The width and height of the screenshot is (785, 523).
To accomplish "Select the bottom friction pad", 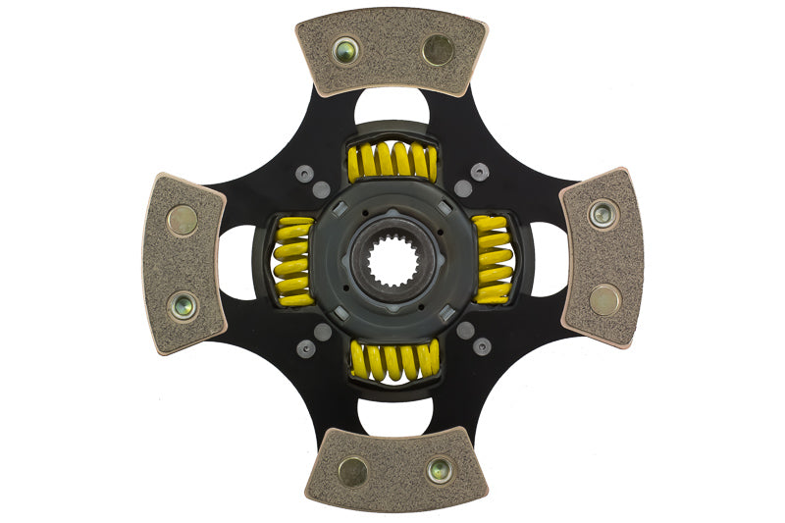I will (x=390, y=468).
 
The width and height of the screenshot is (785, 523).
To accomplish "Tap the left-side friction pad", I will (x=183, y=262).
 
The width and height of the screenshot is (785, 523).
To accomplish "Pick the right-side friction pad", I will (x=602, y=257).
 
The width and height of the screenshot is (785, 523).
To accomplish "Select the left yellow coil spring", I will (x=293, y=261).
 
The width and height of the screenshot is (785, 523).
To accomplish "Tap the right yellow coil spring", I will (x=492, y=260).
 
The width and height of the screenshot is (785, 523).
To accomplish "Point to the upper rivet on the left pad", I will (x=182, y=221).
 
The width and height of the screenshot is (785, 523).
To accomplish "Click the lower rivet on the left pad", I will (x=183, y=306).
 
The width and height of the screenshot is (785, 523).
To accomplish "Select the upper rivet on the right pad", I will (x=602, y=213).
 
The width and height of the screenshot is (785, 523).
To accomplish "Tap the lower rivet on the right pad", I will (x=604, y=299).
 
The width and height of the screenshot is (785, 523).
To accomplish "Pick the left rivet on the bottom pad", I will (x=352, y=472).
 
